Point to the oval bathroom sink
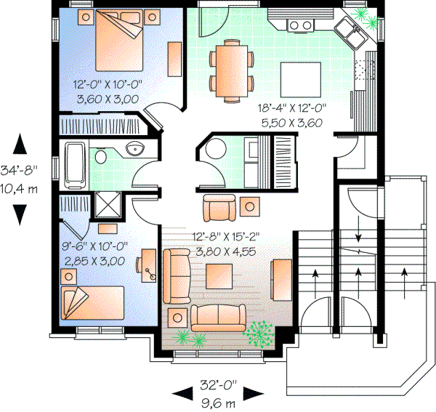(133, 150)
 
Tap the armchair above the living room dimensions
(220, 209)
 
